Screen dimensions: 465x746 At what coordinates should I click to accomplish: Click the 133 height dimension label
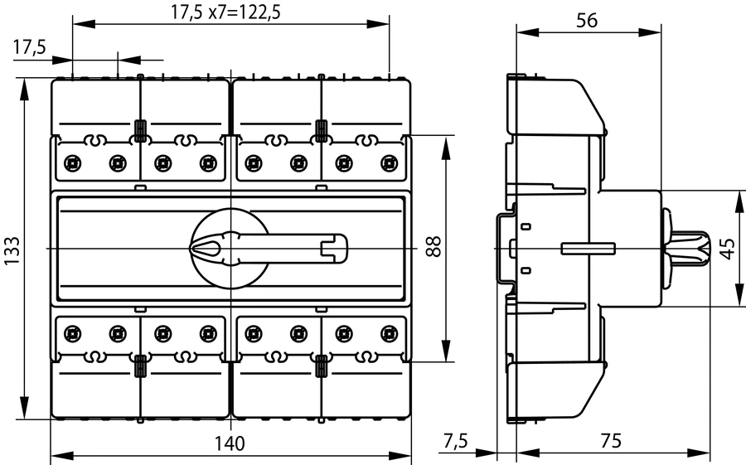coord(12,249)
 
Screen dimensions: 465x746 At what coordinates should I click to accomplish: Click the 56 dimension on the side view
coord(587,22)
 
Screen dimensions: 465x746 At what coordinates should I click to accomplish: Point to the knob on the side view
coord(688,247)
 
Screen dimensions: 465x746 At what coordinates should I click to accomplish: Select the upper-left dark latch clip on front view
coord(140,131)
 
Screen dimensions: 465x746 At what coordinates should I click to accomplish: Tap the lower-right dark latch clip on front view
coord(320,365)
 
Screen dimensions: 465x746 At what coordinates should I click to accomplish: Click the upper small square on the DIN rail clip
coord(526,226)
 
